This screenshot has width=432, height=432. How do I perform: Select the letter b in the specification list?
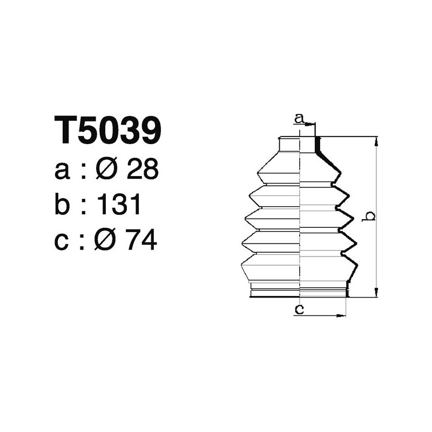click(63, 206)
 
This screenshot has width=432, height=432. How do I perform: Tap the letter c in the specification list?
click(62, 242)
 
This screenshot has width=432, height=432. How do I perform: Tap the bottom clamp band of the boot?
click(299, 293)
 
